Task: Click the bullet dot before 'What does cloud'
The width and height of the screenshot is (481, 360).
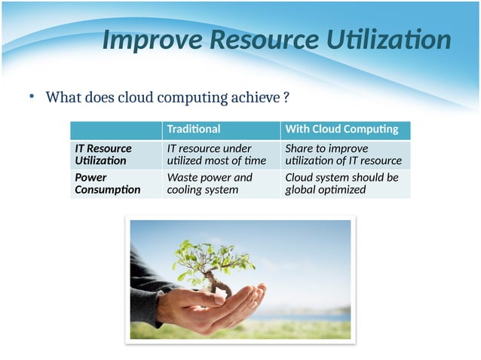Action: click(x=32, y=97)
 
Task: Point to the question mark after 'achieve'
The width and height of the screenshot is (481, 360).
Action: click(x=286, y=98)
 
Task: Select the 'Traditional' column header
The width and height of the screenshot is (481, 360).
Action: click(x=194, y=130)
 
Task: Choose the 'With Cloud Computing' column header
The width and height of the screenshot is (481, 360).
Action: click(x=342, y=130)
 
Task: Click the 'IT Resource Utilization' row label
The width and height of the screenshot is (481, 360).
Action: click(x=102, y=154)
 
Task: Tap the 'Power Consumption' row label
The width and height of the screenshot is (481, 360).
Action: click(x=107, y=184)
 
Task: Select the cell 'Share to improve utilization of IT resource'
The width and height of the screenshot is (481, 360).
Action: click(x=343, y=154)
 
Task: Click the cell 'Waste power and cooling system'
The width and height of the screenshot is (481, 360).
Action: click(x=210, y=184)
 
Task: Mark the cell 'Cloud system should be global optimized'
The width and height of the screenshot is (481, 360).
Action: click(x=342, y=184)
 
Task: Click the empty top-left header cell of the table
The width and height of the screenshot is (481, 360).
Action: click(x=115, y=130)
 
